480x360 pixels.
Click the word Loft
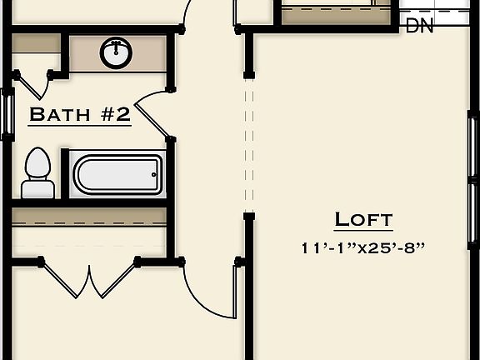point(363,220)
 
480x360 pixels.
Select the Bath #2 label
point(80,114)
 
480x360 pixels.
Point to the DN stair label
point(420,26)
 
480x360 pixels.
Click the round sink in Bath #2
point(116,53)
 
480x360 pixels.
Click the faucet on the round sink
point(116,44)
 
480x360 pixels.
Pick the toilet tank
point(37,188)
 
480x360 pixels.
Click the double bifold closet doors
point(87,279)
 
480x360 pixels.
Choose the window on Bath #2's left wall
point(7,112)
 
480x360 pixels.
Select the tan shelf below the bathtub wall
point(89,216)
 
